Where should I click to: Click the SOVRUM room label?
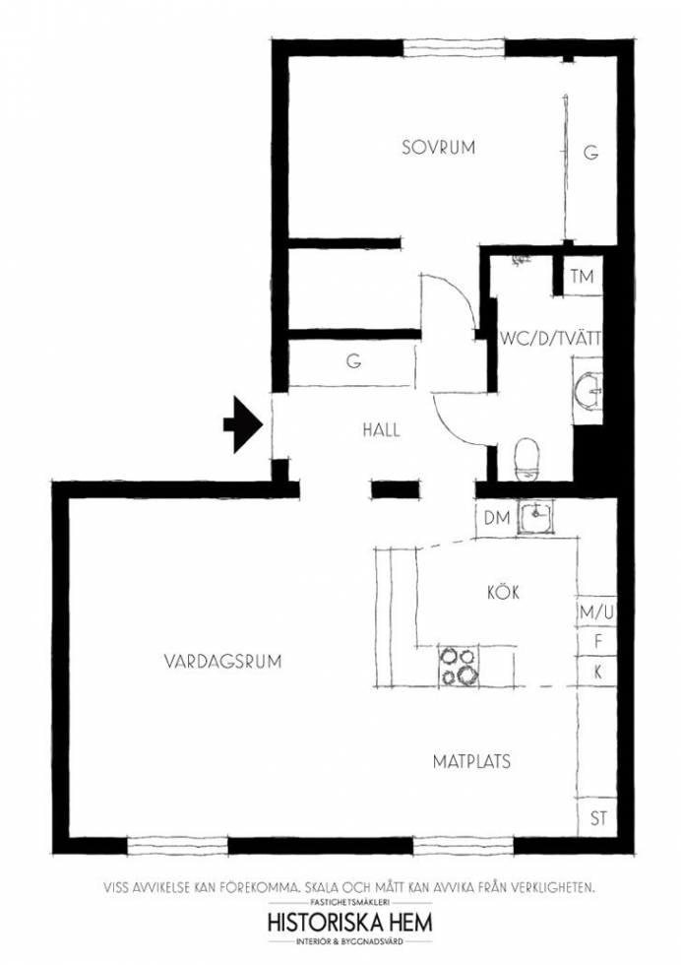coord(438,148)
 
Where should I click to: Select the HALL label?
coord(382,429)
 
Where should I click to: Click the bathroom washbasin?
coord(588,390)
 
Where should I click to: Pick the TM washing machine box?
coord(582,277)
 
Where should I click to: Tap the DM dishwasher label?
coord(497,518)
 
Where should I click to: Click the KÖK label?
coord(503,592)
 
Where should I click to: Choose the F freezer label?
coord(598,642)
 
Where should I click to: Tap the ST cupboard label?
coord(598,818)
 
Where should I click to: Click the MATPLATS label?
coord(471,762)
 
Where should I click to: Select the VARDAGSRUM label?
coord(222,662)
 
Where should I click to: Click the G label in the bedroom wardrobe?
coord(591,152)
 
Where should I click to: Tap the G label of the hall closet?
coord(353,362)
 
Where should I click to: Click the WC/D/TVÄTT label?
coord(550,339)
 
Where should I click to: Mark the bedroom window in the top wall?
coord(454,48)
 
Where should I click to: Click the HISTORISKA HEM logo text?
coord(350,924)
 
